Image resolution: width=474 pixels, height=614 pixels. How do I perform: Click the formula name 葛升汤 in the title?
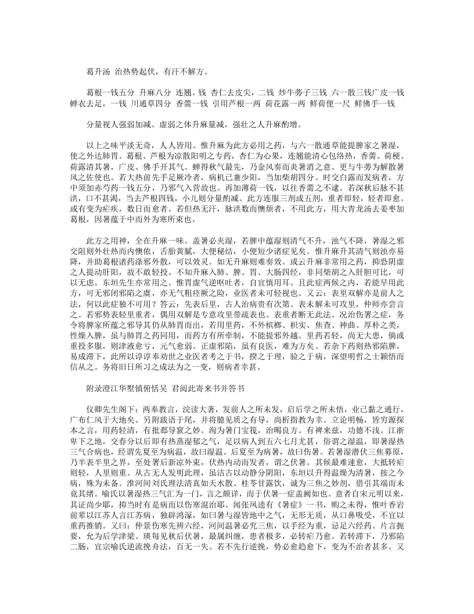point(97,73)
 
